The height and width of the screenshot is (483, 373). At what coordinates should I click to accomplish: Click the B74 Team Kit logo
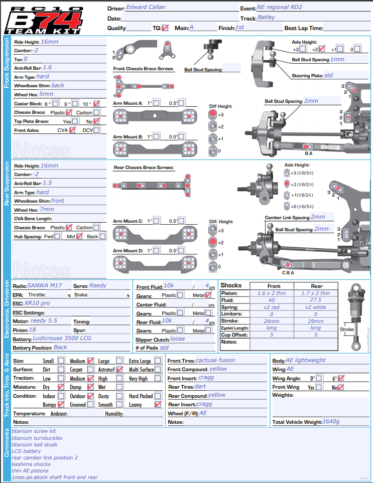coord(44,20)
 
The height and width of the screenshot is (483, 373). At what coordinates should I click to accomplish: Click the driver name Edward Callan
coord(146,8)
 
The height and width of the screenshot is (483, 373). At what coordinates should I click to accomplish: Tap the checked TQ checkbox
coord(166,28)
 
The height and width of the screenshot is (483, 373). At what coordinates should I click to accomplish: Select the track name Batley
coord(266,18)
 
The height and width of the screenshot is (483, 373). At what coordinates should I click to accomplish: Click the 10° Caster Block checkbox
coord(96,104)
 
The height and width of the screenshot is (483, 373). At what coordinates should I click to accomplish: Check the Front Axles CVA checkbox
coord(73,130)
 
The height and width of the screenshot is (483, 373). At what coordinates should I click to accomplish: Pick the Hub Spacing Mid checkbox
coord(79,236)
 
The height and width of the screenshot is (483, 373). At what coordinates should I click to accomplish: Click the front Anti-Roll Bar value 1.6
coord(47,67)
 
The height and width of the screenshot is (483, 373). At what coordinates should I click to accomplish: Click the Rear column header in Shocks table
coord(316,286)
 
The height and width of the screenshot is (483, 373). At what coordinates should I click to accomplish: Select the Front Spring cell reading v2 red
coord(272,307)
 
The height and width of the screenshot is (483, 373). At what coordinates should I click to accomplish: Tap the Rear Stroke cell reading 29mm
coord(316,321)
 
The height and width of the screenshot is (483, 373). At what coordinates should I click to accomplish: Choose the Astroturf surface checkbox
coord(119,370)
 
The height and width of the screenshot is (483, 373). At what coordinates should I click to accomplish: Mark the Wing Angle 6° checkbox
coord(341,378)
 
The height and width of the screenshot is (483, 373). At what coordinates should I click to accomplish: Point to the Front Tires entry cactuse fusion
coord(215,360)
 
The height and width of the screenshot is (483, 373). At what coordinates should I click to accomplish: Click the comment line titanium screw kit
coord(34,431)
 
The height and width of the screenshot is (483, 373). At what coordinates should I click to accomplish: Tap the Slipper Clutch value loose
coord(178,339)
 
